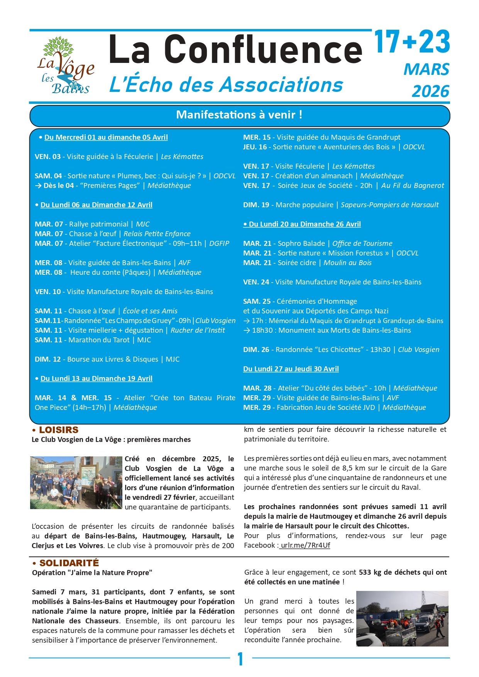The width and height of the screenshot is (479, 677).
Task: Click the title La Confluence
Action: (x=235, y=49)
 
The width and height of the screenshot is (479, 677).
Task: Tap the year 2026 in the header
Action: (x=430, y=91)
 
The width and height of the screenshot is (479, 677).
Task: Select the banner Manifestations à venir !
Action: (x=239, y=115)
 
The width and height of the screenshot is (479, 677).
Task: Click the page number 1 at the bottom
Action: (x=240, y=659)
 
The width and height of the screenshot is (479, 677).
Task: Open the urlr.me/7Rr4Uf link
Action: (x=305, y=545)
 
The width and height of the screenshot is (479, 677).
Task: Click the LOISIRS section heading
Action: (x=58, y=430)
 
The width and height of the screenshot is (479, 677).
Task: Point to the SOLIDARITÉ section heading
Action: (x=69, y=563)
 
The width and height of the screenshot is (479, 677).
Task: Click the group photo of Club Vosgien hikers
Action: (x=76, y=482)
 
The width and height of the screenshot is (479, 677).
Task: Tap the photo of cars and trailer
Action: (x=402, y=618)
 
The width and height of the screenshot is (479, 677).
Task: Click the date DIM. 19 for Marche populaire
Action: (x=256, y=205)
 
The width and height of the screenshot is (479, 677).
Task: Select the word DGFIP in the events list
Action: (x=219, y=244)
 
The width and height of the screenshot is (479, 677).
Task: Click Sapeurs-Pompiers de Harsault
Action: (x=389, y=205)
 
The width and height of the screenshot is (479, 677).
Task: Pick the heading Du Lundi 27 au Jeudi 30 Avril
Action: (x=291, y=369)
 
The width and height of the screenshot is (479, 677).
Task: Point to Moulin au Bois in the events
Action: (x=347, y=263)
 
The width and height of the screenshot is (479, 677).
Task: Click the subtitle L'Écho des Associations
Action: (x=226, y=85)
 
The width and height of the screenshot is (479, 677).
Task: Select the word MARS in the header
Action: (x=426, y=69)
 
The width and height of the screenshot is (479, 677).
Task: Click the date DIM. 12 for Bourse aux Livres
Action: (x=47, y=359)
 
